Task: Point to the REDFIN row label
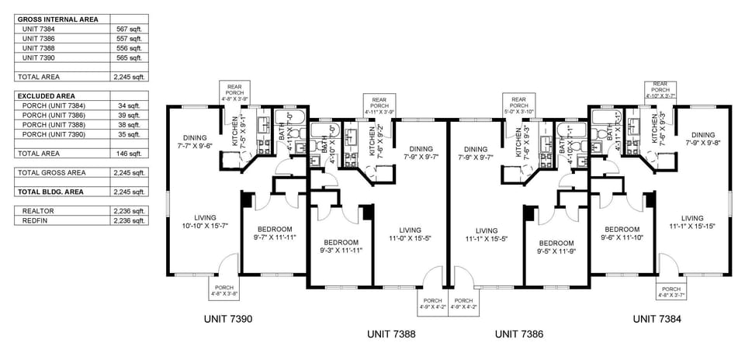(36, 220)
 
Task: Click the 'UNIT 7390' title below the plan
(227, 319)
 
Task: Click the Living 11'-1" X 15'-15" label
(692, 222)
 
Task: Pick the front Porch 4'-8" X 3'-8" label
(224, 292)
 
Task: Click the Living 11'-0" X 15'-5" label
(410, 234)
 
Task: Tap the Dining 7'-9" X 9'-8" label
(702, 139)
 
